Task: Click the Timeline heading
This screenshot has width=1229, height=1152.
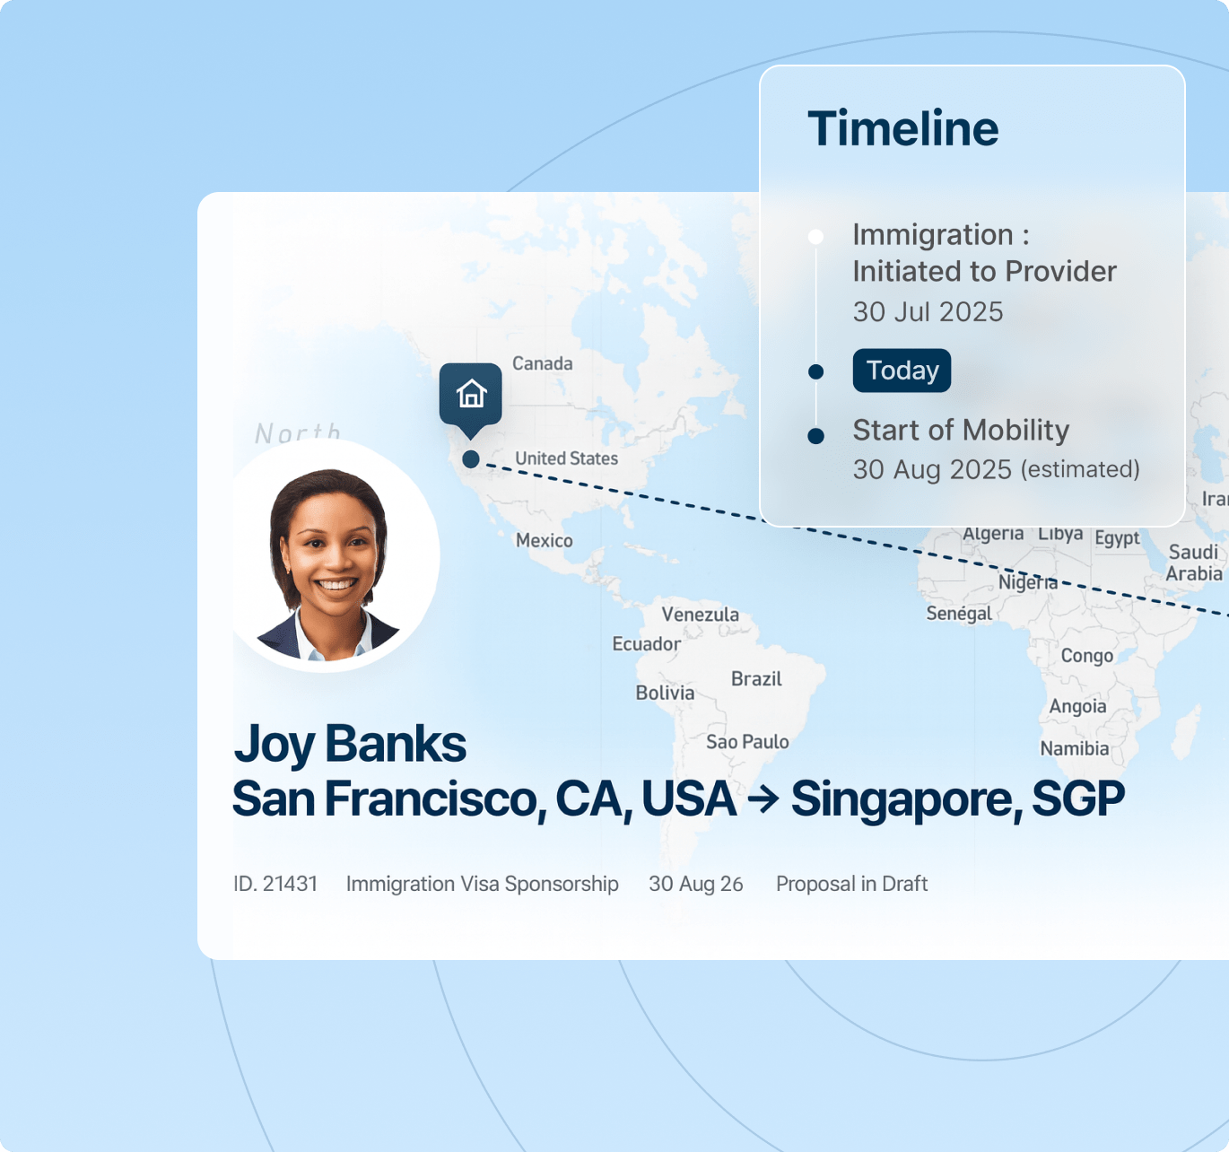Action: pos(902,129)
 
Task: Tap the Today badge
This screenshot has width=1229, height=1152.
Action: pos(902,371)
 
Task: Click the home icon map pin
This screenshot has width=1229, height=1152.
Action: pos(470,400)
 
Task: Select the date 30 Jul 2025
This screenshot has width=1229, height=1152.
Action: pos(928,311)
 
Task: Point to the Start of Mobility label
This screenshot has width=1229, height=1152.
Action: pos(961,430)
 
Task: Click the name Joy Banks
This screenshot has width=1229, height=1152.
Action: pos(350,745)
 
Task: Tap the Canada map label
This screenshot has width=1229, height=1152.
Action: pos(542,363)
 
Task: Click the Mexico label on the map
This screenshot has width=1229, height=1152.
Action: pos(544,540)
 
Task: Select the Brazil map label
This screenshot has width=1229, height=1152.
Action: pos(756,679)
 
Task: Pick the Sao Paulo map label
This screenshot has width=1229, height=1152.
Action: pos(747,742)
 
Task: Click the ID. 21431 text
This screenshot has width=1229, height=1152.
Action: pos(275,884)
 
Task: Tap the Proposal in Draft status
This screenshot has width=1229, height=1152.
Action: pos(851,884)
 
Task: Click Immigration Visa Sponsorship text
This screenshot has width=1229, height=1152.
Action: pos(482,884)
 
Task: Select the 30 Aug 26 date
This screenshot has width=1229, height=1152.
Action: pos(695,884)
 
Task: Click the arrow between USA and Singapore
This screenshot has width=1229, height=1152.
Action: pos(763,799)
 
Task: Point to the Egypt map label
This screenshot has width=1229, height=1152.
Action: pos(1117,538)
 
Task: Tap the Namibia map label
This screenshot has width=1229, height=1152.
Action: pos(1075,748)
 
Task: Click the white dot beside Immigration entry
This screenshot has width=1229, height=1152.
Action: pos(815,237)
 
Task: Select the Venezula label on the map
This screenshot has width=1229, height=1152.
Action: pos(700,614)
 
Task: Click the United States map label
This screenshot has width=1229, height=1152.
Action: pos(566,458)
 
